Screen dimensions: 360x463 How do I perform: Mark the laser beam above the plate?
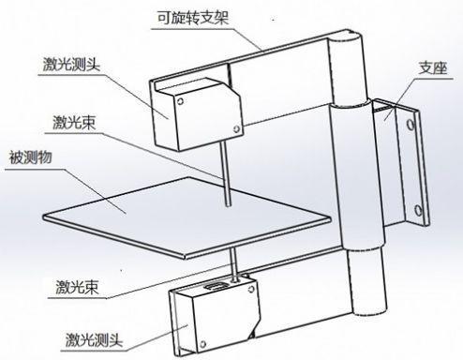[x=225, y=169]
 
